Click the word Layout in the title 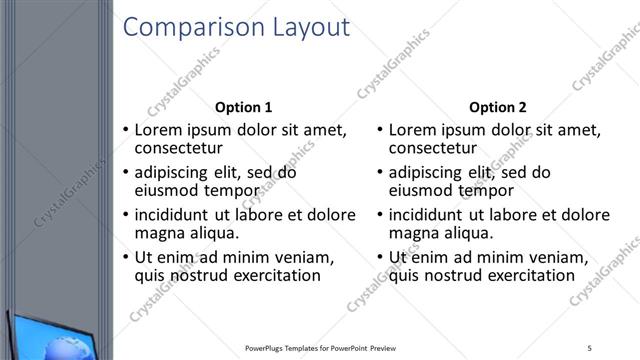pos(312,27)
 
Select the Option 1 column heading pos(243,107)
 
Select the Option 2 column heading pos(497,107)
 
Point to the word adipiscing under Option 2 pos(426,172)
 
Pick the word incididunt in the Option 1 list pos(172,215)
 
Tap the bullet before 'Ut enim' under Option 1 pos(125,258)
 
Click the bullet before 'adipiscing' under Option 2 pos(379,172)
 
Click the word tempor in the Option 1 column pos(232,190)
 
